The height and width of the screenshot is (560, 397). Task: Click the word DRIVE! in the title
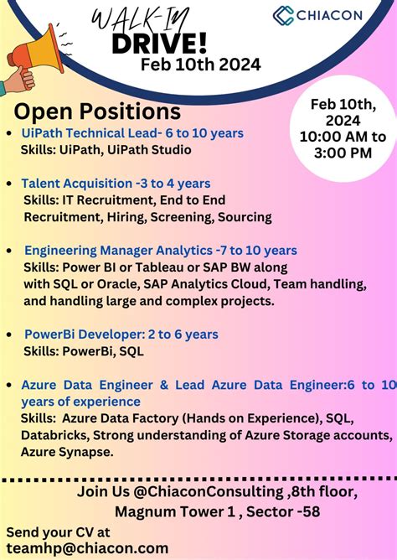[175, 43]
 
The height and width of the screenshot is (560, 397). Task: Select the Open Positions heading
[97, 111]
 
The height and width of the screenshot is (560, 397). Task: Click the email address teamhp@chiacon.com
[87, 547]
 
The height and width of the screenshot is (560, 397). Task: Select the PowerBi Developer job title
[79, 334]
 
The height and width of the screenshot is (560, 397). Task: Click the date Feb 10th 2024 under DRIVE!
[200, 65]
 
